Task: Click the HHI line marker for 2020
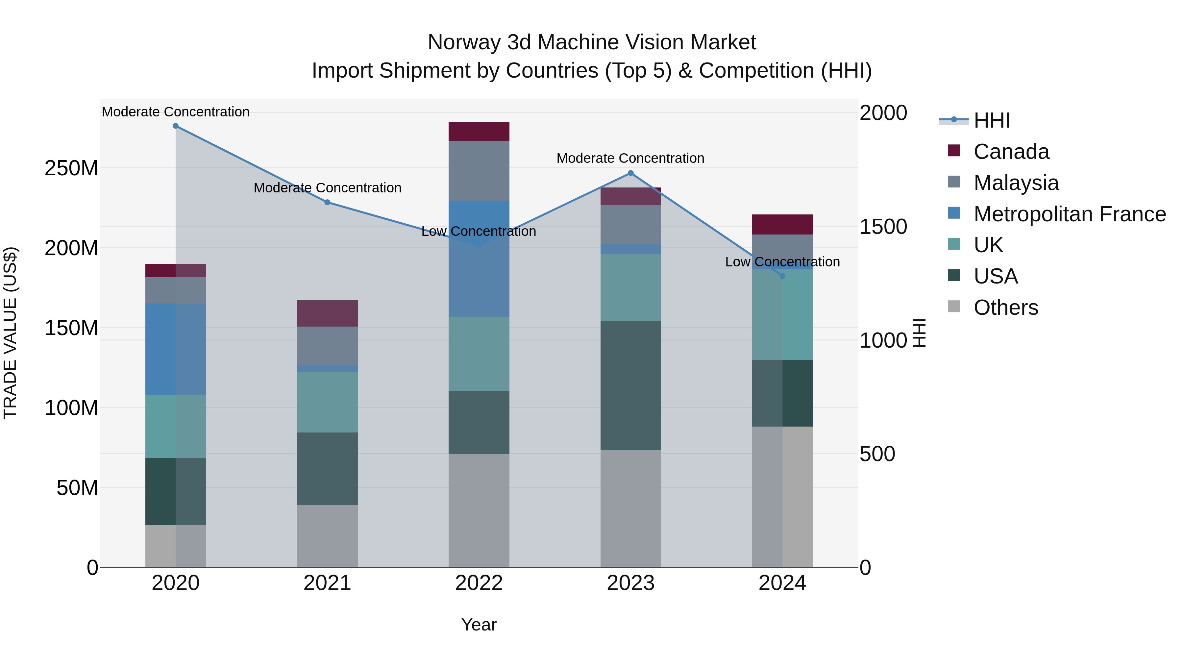tap(176, 126)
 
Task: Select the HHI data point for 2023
tap(630, 173)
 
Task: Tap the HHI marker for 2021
tap(327, 202)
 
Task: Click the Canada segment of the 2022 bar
tap(479, 132)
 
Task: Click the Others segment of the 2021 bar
tap(327, 536)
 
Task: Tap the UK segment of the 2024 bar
tap(782, 314)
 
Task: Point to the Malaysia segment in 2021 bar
tap(327, 346)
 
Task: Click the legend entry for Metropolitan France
tap(1069, 214)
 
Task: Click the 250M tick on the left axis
tap(71, 168)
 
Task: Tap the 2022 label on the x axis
tap(479, 583)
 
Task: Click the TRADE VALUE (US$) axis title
tap(11, 333)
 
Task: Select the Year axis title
tap(479, 625)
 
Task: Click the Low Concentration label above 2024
tap(782, 262)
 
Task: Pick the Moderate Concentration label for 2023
tap(630, 158)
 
